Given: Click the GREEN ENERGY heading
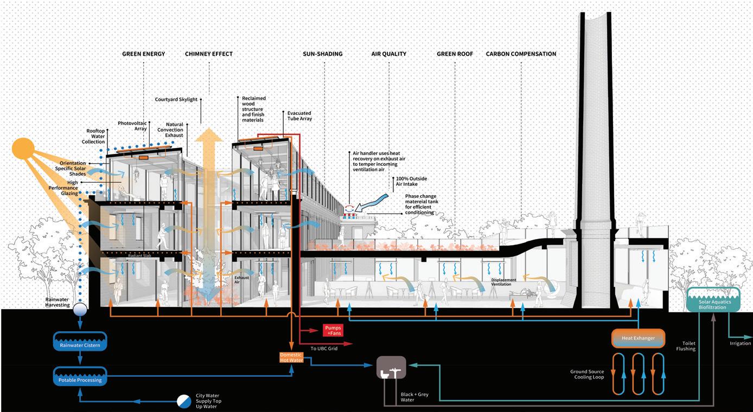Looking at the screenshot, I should click(143, 54).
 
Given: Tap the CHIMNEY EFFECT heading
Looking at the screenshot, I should click(208, 54).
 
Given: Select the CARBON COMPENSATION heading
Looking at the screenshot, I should click(521, 54).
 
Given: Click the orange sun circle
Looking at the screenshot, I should click(23, 149).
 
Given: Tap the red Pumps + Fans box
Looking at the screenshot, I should click(333, 330).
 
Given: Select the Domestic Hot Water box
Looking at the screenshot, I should click(291, 358).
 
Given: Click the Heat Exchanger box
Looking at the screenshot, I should click(638, 338).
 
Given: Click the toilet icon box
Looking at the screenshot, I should click(391, 368).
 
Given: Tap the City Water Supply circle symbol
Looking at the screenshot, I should click(184, 401).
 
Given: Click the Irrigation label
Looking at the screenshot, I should click(740, 343).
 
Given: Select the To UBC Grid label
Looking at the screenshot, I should click(324, 349).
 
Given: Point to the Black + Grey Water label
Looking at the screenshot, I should click(414, 397).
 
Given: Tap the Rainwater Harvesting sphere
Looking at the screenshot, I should click(80, 309).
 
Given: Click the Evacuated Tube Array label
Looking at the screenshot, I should click(299, 116).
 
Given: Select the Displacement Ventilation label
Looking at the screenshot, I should click(503, 282).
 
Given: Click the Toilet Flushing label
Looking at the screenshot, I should click(686, 346).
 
